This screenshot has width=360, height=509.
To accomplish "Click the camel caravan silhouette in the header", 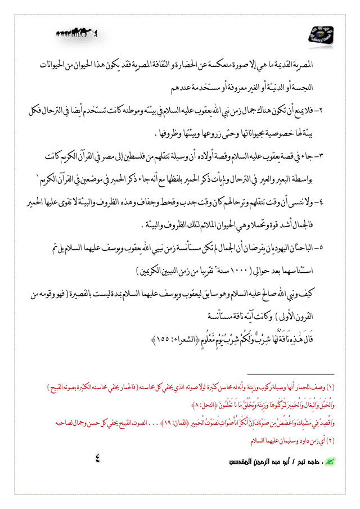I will point(76,33).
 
